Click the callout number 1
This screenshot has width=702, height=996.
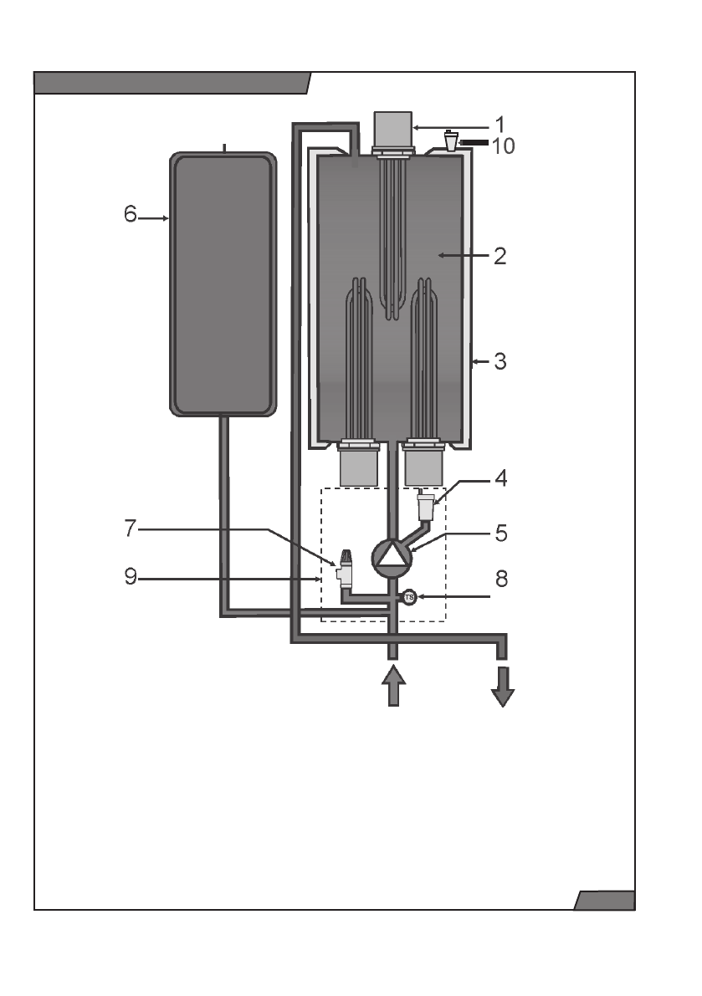500,125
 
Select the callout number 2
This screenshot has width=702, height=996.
500,255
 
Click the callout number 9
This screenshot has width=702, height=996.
130,578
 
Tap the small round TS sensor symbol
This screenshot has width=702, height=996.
409,597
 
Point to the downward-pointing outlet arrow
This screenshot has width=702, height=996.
502,686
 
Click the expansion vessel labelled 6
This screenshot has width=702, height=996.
223,283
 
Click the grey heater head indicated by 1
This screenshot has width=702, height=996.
392,130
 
